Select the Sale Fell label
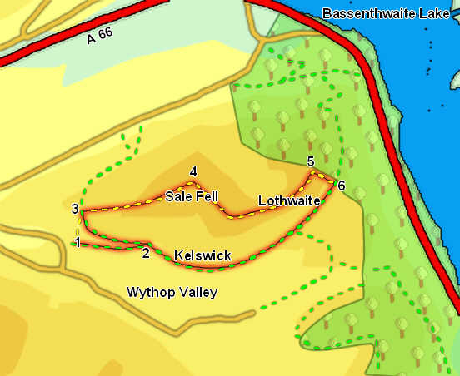pos(191,197)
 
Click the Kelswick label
pos(202,255)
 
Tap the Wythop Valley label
pos(172,292)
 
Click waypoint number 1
pos(77,242)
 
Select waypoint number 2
pos(145,253)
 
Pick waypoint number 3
pos(75,209)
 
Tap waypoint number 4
pos(193,172)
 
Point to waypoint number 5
pos(310,161)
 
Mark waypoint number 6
pos(341,184)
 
